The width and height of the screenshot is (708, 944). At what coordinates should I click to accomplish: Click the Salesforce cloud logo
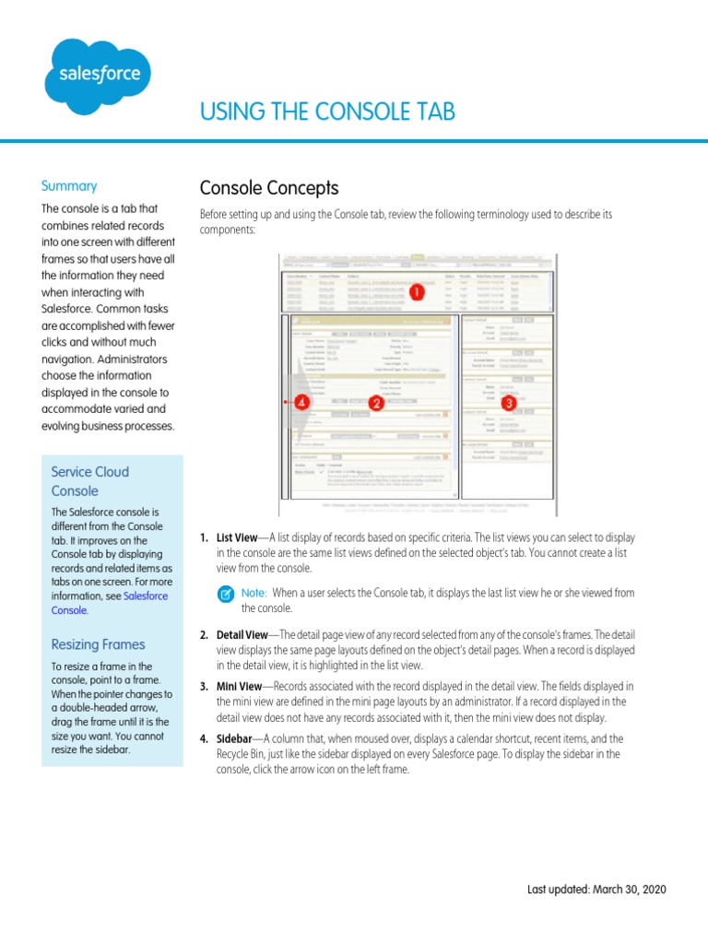click(98, 76)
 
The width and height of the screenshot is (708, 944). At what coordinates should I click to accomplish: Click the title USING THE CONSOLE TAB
click(327, 112)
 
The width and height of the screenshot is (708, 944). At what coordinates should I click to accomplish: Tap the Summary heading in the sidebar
click(69, 185)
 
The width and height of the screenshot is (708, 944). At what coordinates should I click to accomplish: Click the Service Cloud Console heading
click(90, 481)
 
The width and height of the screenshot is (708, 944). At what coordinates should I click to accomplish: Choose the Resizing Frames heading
click(98, 643)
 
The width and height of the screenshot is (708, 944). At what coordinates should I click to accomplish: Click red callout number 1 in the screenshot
click(415, 292)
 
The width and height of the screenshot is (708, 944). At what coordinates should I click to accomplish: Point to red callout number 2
click(375, 402)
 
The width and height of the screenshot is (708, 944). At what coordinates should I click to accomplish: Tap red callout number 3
click(506, 402)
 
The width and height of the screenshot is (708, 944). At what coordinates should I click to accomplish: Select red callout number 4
click(301, 402)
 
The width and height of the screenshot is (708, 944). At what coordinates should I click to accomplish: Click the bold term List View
click(236, 537)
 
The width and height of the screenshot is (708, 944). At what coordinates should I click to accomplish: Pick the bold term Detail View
click(242, 635)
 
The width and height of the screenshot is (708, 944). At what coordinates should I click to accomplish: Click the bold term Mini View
click(239, 687)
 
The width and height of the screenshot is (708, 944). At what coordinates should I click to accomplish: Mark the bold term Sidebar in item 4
click(234, 738)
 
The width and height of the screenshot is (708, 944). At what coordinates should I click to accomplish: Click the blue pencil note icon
click(226, 595)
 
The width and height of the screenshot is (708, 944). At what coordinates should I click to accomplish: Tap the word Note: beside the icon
click(254, 594)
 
